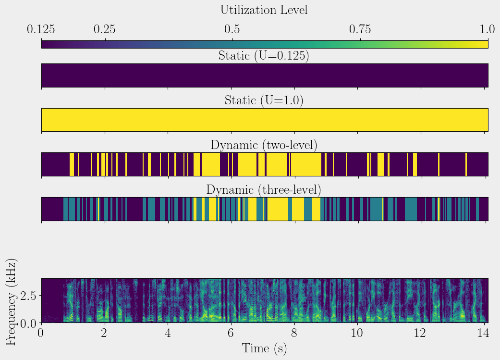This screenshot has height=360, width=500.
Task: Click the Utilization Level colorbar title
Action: [x=264, y=10]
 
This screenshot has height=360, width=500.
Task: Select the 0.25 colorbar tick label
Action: [x=104, y=29]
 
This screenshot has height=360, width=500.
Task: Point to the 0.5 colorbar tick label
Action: [x=232, y=29]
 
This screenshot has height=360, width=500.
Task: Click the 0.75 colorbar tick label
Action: [x=360, y=29]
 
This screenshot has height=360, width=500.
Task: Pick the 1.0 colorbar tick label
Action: [x=488, y=29]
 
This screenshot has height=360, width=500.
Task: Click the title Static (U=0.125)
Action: [x=264, y=55]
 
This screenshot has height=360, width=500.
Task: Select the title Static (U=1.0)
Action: [x=264, y=100]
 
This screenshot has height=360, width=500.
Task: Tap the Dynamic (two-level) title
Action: [x=264, y=145]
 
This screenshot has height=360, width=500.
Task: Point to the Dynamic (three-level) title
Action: [x=264, y=190]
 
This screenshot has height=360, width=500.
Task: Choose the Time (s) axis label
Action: [x=264, y=348]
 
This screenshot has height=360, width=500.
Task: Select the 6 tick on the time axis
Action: [x=231, y=334]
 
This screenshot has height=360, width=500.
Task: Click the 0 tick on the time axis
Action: [x=42, y=334]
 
